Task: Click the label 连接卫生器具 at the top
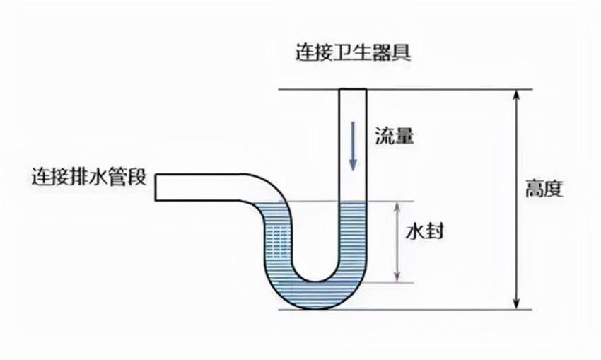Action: [x=353, y=52]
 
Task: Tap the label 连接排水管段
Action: [x=89, y=177]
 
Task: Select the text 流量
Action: [x=395, y=135]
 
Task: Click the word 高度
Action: [x=544, y=188]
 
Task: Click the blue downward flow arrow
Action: [x=353, y=146]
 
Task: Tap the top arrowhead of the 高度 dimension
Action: [x=517, y=95]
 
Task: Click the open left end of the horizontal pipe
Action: [x=156, y=187]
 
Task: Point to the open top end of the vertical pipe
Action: [x=353, y=90]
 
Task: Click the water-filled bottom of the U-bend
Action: [x=317, y=296]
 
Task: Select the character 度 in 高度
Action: [x=554, y=188]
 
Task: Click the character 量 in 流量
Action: [x=404, y=135]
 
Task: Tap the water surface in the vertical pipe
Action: [x=353, y=202]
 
